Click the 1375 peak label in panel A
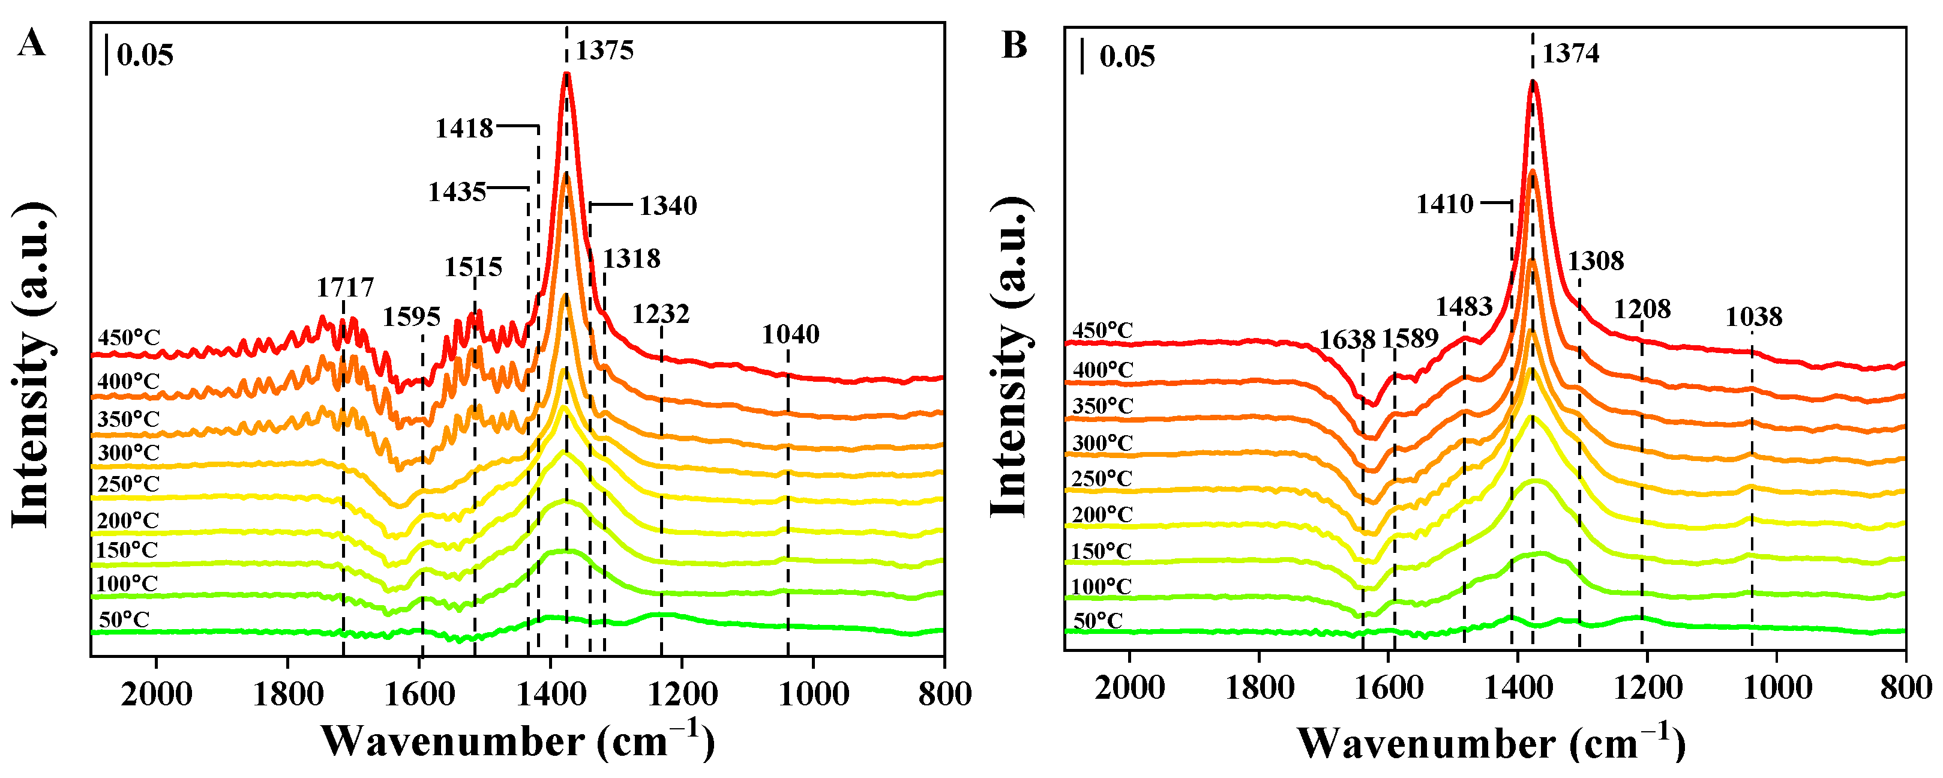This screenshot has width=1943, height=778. coord(604,50)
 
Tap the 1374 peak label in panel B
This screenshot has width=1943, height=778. coord(1570,53)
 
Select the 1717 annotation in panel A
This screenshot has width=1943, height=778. coord(344,288)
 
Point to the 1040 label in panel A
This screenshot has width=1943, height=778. coord(790,334)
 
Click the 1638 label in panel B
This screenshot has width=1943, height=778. coord(1347,340)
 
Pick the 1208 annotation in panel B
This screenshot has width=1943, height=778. coord(1642,309)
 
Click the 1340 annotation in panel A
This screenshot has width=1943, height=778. coord(668,205)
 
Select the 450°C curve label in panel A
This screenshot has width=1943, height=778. coord(129,337)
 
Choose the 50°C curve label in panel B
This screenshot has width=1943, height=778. coord(1098,621)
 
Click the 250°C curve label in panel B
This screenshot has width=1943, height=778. coord(1102,478)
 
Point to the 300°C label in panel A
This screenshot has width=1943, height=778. coord(128,453)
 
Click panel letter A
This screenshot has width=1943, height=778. coord(31,43)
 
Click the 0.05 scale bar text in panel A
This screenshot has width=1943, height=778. coord(145,55)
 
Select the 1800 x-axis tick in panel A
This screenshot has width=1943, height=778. coord(287,693)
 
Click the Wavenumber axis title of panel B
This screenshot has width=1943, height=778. coord(1491,743)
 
